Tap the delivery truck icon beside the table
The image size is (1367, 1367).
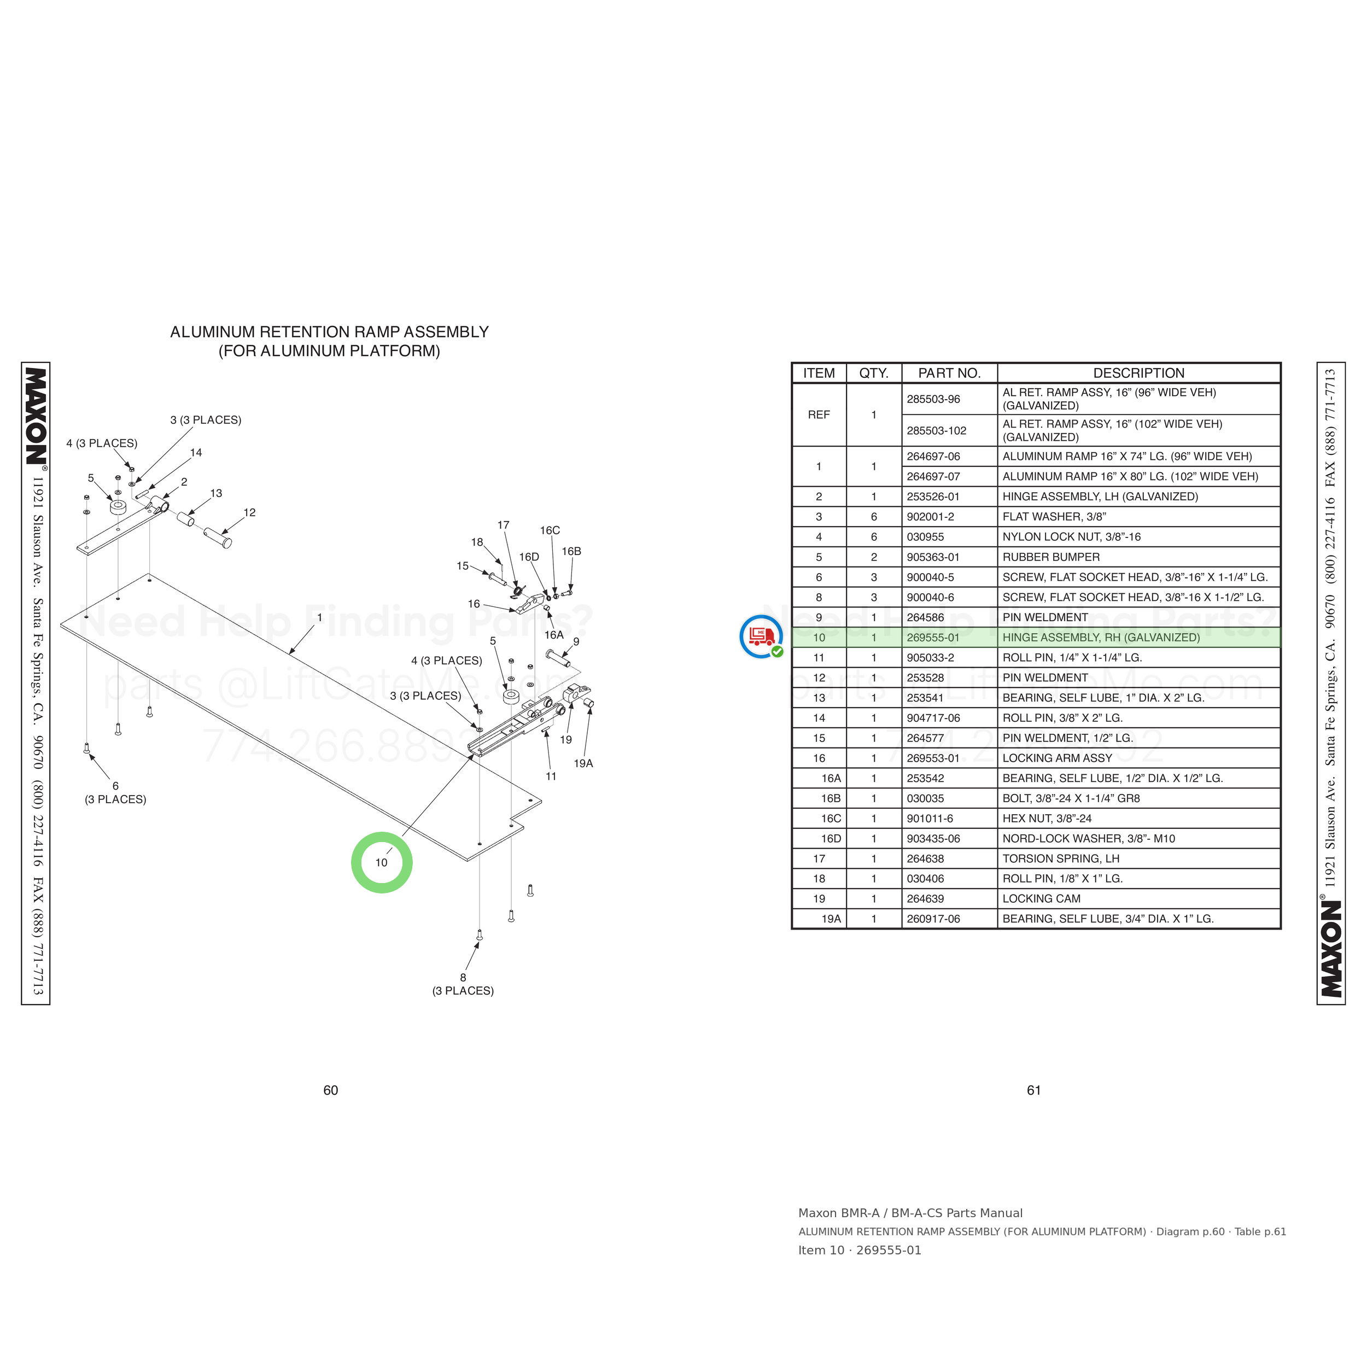coord(761,636)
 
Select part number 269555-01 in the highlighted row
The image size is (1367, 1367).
coord(933,638)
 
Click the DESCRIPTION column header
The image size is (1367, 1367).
coord(1138,373)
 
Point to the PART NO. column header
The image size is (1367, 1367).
coord(949,373)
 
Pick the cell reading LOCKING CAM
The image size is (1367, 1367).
coord(1042,898)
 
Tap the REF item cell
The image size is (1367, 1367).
coord(819,414)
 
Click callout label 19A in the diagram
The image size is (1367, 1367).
coord(583,763)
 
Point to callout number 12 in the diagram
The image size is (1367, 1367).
coord(249,512)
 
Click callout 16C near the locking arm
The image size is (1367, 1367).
coord(550,530)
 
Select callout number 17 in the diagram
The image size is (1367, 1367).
coord(503,525)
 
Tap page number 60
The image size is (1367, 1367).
coord(330,1090)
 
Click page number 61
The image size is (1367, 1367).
coord(1034,1090)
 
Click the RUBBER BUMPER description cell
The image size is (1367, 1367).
coord(1051,557)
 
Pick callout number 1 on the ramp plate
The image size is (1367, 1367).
coord(320,618)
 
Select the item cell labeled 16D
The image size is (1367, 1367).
coord(831,838)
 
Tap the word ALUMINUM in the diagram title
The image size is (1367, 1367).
coord(213,332)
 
